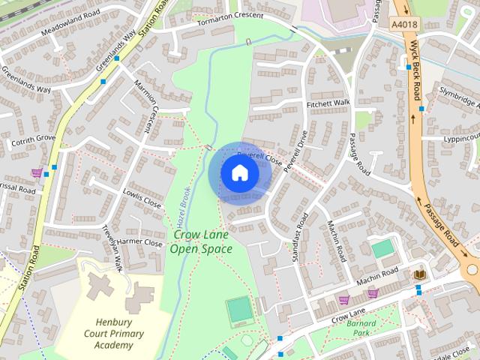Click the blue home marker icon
click(x=239, y=173)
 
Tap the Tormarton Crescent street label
click(x=230, y=17)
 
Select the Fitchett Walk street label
click(x=328, y=103)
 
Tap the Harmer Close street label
click(x=139, y=243)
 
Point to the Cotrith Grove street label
click(x=33, y=139)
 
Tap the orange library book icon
click(x=419, y=275)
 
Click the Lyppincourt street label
click(x=451, y=138)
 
